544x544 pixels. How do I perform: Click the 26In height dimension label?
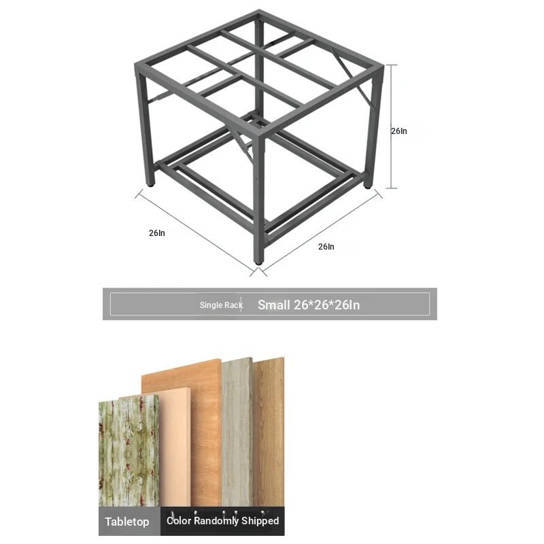click(x=399, y=131)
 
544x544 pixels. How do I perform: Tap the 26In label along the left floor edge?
click(x=157, y=233)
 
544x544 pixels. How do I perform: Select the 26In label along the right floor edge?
click(x=326, y=247)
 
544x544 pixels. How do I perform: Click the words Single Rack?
click(x=221, y=305)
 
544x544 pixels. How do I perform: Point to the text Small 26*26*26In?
click(x=309, y=305)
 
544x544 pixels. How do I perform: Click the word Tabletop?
click(x=127, y=522)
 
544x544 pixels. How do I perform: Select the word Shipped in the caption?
click(x=260, y=520)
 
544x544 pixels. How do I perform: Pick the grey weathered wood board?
click(x=237, y=432)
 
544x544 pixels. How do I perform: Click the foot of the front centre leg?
click(x=258, y=262)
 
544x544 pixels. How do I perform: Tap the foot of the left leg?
click(x=150, y=184)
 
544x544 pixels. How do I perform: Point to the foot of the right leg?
click(x=367, y=186)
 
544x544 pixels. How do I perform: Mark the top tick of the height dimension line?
click(x=392, y=65)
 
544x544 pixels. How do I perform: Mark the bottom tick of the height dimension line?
click(x=392, y=188)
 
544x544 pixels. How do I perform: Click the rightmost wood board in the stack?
click(x=269, y=432)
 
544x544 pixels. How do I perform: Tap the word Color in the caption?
click(x=179, y=520)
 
